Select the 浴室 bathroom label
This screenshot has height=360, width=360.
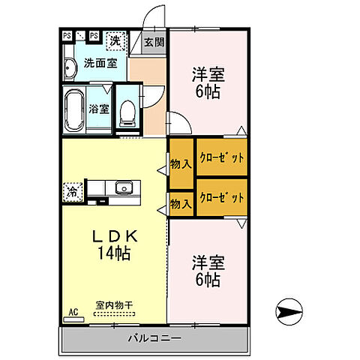click(99, 109)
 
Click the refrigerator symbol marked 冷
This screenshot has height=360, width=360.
click(73, 191)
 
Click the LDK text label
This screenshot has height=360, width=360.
click(112, 236)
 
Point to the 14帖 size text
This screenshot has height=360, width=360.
click(112, 253)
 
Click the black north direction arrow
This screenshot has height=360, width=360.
click(290, 309)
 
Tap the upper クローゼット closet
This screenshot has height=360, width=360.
click(221, 157)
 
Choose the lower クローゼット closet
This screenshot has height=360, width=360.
click(221, 198)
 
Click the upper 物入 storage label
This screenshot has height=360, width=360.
click(180, 162)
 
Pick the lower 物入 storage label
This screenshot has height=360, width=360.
click(180, 202)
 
